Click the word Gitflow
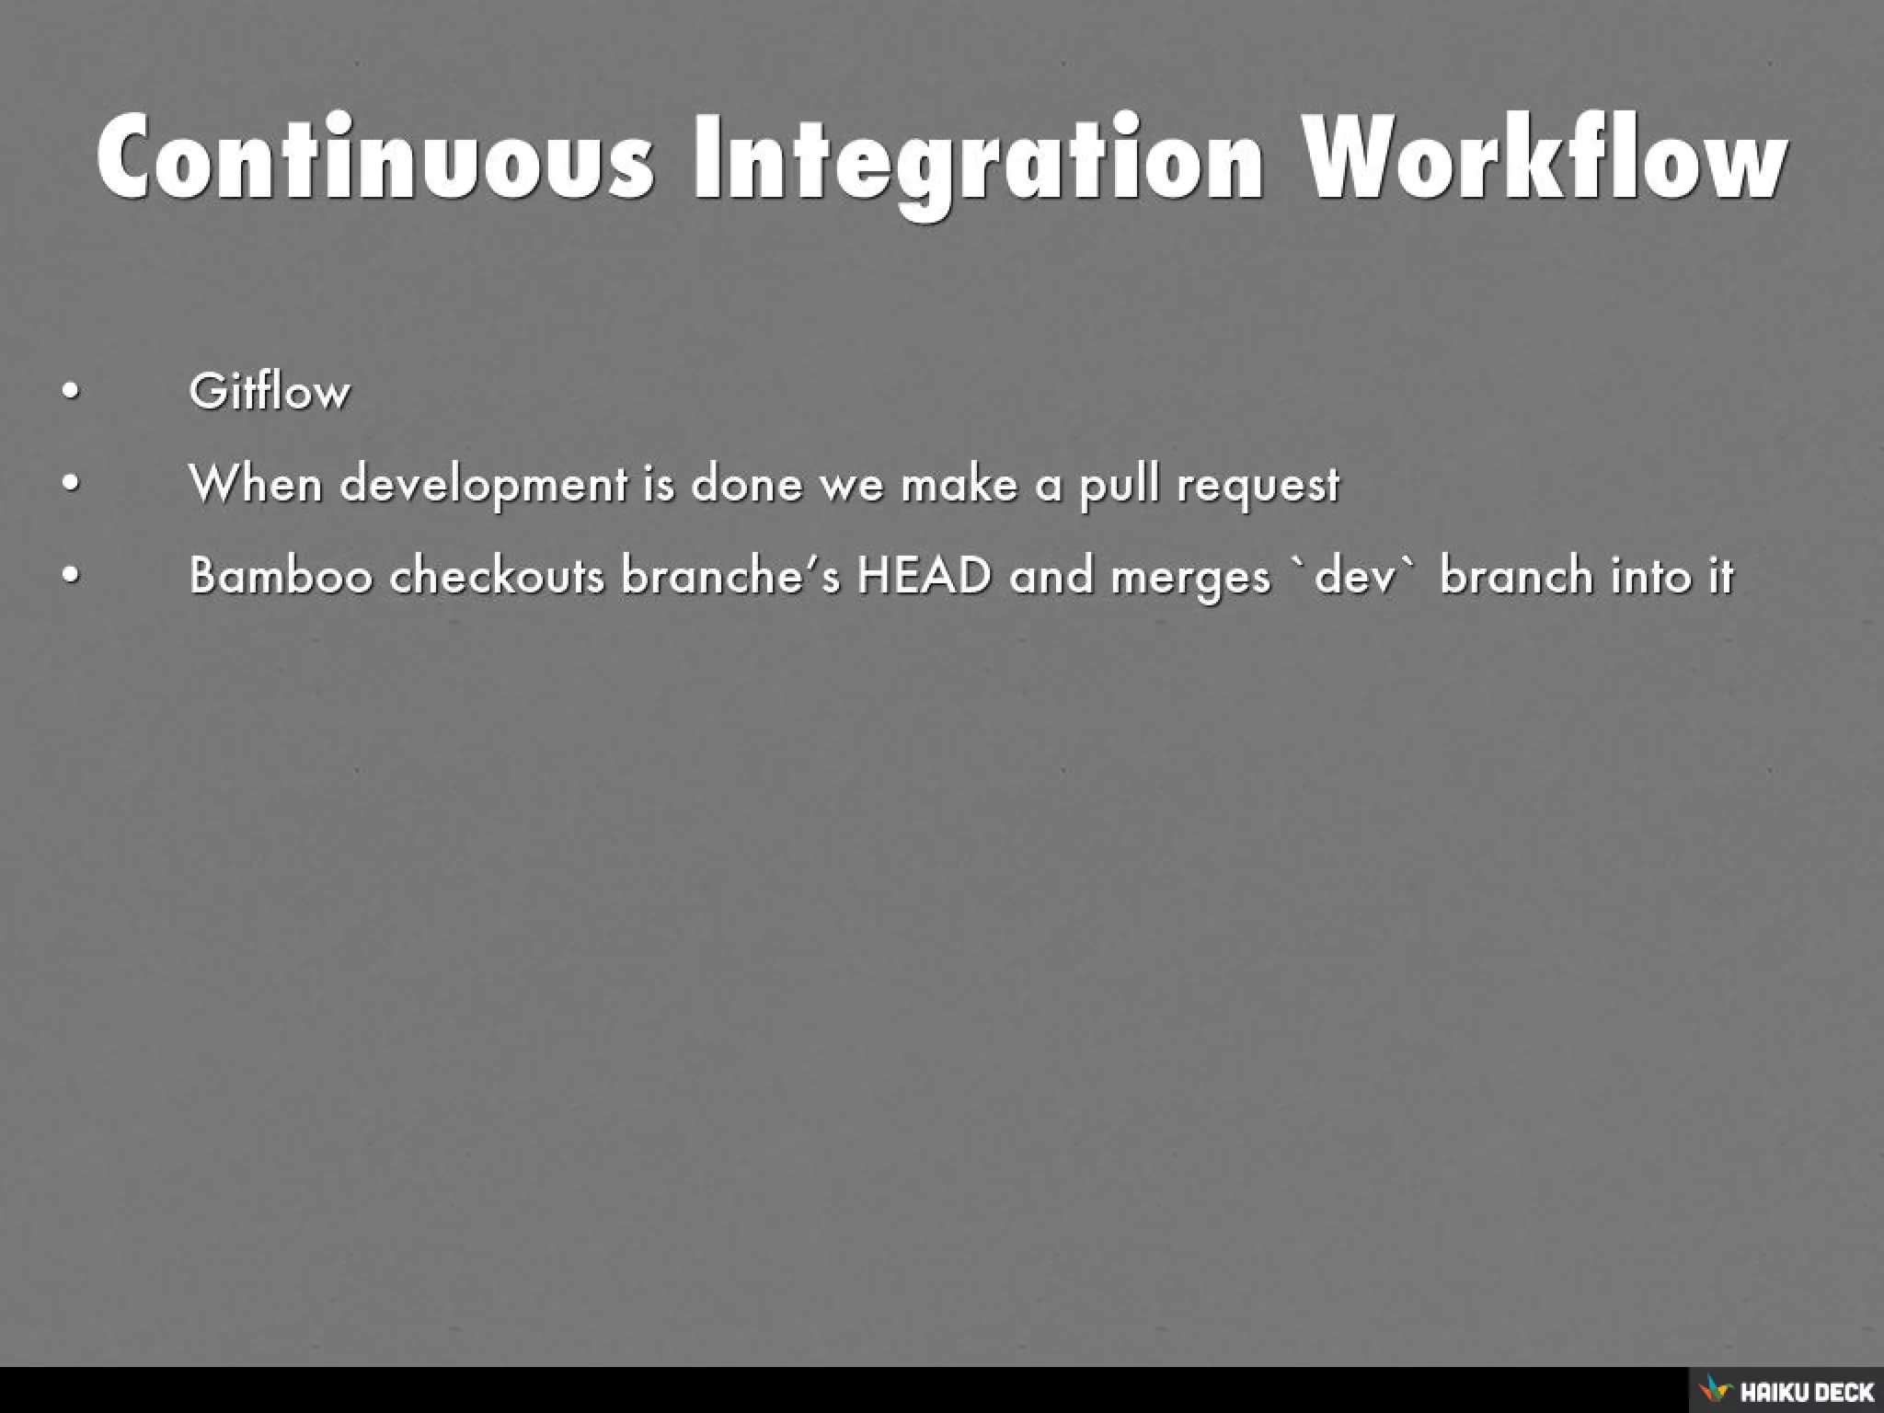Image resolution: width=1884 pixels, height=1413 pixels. point(270,392)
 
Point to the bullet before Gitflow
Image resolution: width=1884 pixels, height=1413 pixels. point(71,393)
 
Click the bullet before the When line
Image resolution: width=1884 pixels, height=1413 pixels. point(71,484)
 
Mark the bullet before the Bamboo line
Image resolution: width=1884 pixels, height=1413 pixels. point(71,577)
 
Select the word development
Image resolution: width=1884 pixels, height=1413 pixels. point(483,485)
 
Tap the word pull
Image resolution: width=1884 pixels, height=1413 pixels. point(1119,485)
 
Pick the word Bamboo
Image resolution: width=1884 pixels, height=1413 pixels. point(281,577)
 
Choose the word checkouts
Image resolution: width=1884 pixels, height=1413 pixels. point(497,577)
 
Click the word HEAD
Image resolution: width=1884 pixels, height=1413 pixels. point(925,577)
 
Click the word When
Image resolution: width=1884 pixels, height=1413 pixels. point(255,483)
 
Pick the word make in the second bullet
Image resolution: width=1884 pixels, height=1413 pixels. point(959,484)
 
